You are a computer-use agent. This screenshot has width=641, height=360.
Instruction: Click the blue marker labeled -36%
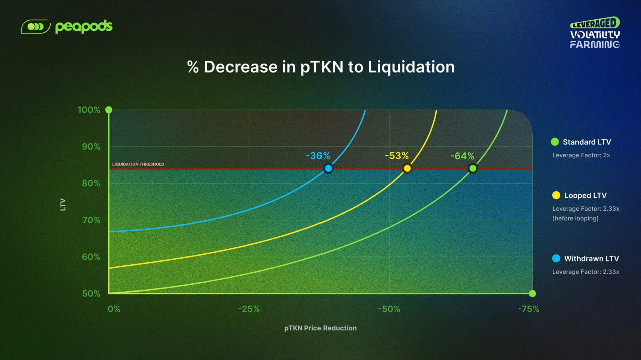[328, 168]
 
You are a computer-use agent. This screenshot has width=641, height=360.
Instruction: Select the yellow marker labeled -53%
[407, 168]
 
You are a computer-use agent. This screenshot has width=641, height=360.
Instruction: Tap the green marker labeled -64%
[473, 168]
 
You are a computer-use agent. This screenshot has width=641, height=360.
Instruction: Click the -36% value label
[318, 156]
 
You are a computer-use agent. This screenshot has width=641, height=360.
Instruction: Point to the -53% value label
[397, 156]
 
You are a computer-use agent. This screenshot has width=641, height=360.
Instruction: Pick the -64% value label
[462, 156]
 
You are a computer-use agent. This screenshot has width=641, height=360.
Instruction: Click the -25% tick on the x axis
[249, 309]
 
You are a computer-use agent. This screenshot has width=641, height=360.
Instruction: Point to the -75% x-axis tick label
[529, 309]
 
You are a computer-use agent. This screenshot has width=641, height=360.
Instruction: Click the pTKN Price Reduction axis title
[320, 328]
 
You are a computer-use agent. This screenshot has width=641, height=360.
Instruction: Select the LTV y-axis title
[63, 204]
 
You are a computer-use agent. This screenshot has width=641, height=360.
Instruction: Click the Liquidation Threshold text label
[138, 164]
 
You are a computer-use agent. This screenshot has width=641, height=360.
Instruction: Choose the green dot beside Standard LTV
[554, 142]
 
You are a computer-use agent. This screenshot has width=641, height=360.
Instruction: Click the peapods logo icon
[35, 26]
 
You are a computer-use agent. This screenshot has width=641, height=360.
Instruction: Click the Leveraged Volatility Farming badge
[595, 33]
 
